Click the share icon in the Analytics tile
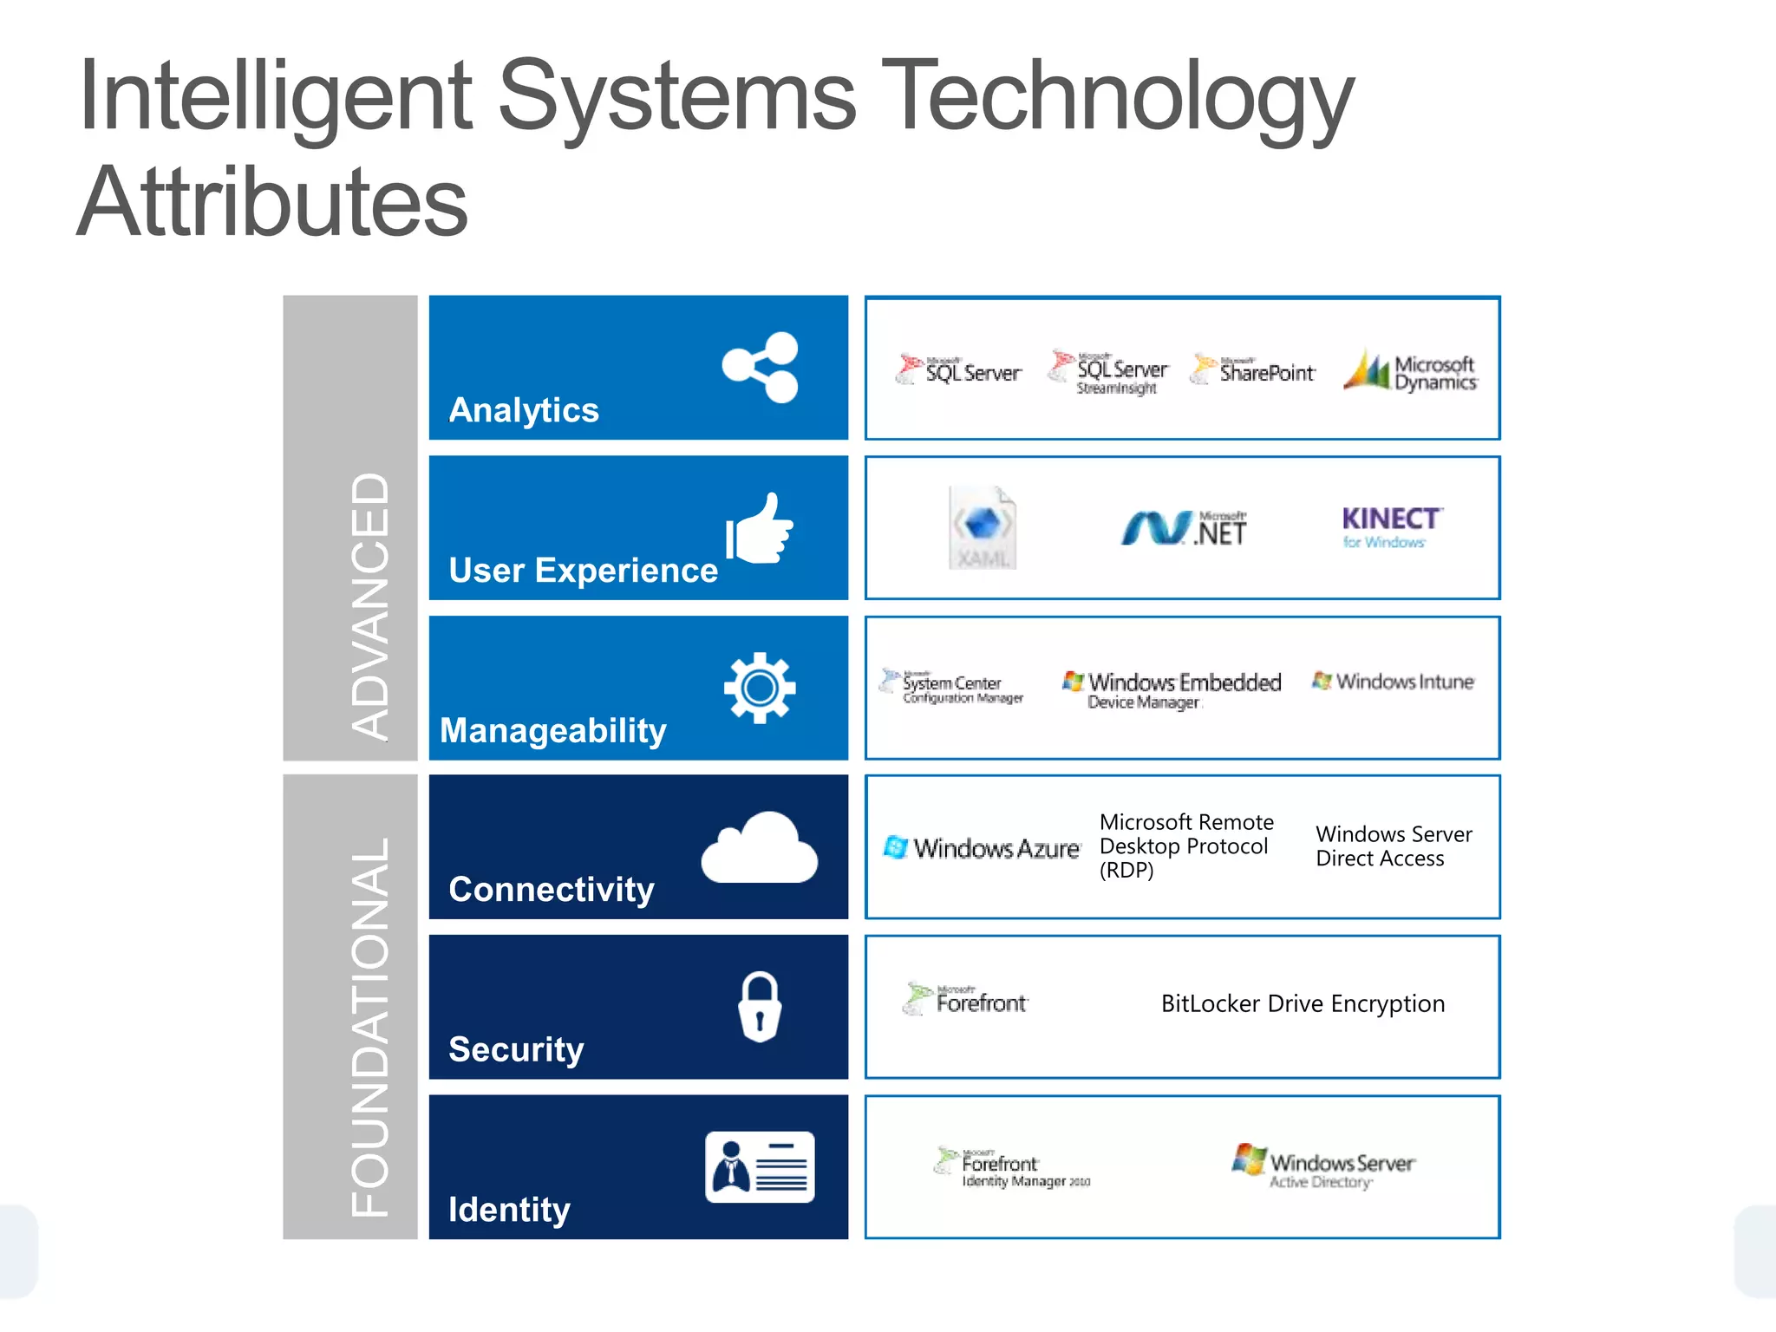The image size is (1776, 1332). point(760,368)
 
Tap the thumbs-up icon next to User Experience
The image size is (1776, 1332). point(760,529)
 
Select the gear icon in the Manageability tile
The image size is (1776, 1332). point(760,688)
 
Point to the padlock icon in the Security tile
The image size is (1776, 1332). point(760,1007)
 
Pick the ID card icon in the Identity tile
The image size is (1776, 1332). point(760,1166)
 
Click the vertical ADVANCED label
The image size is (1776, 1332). point(369,605)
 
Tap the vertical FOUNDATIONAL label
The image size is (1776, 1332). point(369,1028)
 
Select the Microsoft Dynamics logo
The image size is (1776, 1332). point(1411,372)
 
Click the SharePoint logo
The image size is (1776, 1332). point(1253,370)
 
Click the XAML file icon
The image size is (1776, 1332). point(983,527)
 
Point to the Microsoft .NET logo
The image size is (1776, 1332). point(1184,527)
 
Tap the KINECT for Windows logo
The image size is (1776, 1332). point(1391,526)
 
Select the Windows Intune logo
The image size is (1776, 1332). point(1393,682)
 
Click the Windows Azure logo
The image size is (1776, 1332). point(982,847)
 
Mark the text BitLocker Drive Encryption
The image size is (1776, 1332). point(1303,1003)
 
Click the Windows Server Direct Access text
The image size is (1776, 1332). point(1393,846)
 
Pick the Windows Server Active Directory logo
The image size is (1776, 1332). point(1323,1165)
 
